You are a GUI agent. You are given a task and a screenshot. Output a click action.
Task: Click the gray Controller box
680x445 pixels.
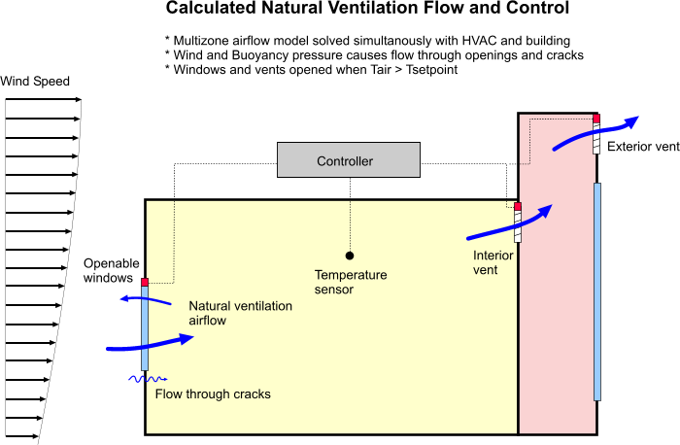pos(345,160)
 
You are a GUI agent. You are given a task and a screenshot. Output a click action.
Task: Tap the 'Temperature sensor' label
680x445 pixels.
pos(351,282)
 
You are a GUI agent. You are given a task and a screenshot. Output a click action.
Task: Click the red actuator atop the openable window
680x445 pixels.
pos(145,282)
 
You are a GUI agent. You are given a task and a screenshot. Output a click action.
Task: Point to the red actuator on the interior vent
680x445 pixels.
pos(518,206)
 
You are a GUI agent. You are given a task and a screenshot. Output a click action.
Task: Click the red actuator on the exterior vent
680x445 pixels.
pos(596,119)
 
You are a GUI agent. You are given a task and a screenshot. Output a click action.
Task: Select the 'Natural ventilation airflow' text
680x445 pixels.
pos(240,313)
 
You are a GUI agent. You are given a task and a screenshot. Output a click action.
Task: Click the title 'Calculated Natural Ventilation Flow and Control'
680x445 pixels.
pos(367,11)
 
